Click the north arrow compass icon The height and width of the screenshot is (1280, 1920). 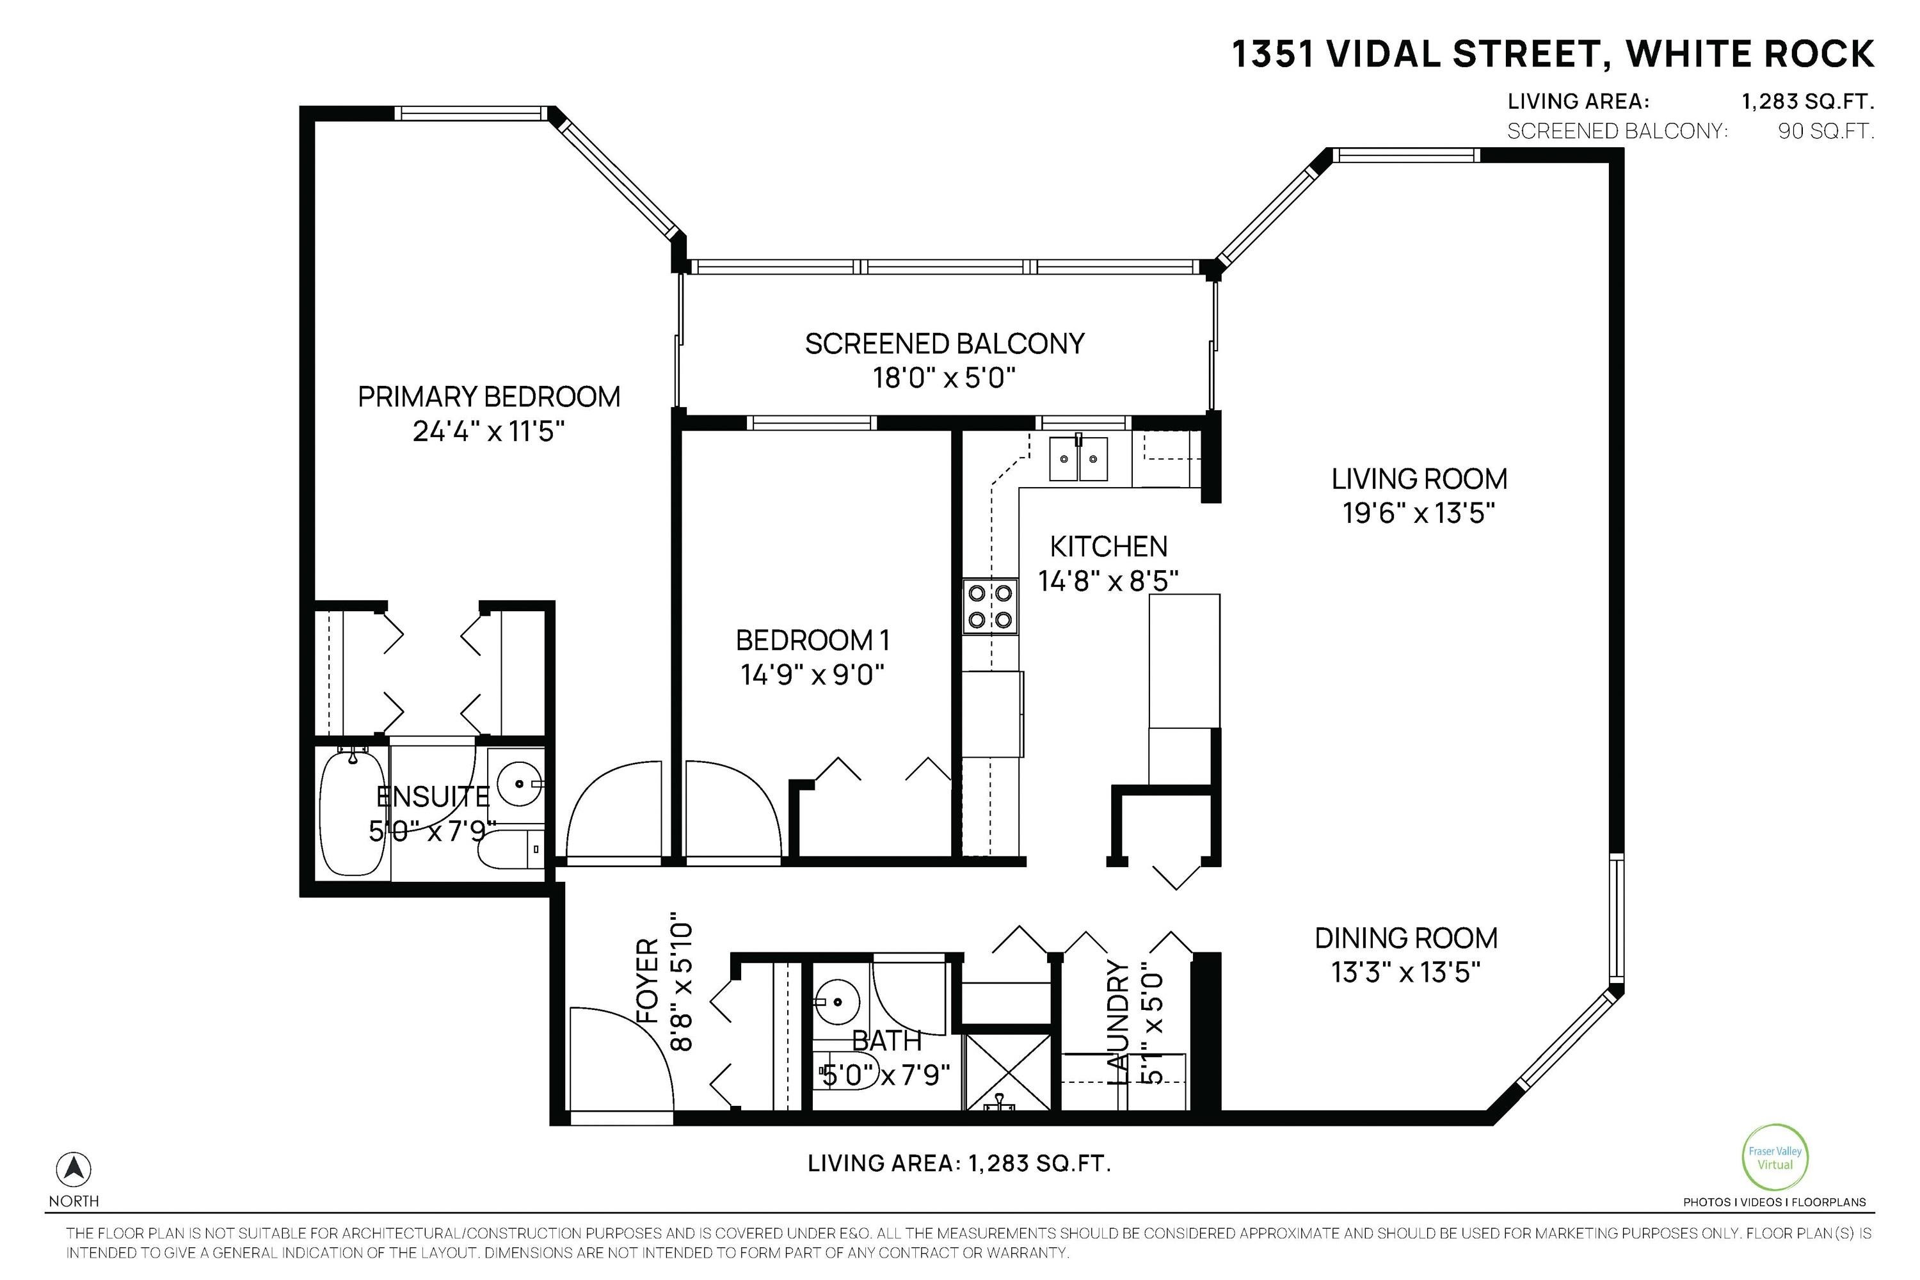point(74,1170)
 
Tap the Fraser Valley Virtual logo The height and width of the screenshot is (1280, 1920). point(1775,1158)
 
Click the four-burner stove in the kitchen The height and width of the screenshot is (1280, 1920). point(990,605)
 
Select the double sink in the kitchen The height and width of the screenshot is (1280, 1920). point(1078,458)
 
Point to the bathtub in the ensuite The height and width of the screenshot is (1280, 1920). point(352,812)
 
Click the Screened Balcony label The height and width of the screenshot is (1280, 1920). point(945,344)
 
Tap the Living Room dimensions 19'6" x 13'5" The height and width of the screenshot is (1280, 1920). point(1419,513)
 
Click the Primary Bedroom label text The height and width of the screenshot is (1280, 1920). point(489,397)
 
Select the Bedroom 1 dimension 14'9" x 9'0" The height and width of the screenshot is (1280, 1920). point(812,675)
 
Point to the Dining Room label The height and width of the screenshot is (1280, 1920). point(1405,938)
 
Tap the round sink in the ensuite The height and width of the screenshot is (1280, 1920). point(519,783)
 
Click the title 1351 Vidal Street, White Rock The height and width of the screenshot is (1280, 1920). point(1553,54)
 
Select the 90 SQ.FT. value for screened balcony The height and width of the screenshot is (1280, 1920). point(1826,131)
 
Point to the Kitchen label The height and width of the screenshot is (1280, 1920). point(1108,546)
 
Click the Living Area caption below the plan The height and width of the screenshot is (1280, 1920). point(960,1164)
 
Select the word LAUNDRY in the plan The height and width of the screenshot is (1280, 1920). point(1117,1022)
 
